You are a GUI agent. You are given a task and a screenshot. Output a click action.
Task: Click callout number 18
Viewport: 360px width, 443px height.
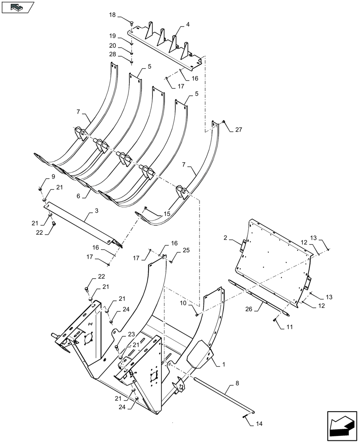(113, 15)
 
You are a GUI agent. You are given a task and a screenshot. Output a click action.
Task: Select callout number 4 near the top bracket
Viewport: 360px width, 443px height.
(188, 25)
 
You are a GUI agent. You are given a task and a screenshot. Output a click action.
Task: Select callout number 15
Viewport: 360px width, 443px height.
(167, 214)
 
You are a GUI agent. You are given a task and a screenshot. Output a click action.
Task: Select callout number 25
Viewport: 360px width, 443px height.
(186, 250)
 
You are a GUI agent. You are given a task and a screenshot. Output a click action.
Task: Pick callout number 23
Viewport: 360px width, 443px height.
(118, 334)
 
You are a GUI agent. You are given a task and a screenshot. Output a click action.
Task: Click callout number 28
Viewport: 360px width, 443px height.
(113, 54)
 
